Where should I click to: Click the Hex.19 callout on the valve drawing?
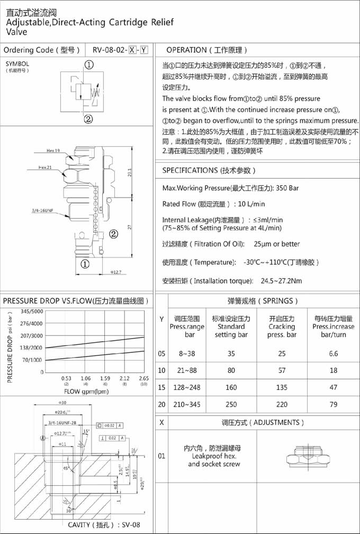53,151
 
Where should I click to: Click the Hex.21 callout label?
47,167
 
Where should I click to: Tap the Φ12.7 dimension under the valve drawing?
116,272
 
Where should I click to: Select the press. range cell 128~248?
186,388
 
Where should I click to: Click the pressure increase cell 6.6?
333,353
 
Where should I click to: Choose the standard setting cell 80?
231,370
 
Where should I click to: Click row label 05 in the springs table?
161,353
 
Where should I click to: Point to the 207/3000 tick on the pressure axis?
32,335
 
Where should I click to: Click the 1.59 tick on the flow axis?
104,378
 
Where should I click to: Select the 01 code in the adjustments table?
161,456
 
